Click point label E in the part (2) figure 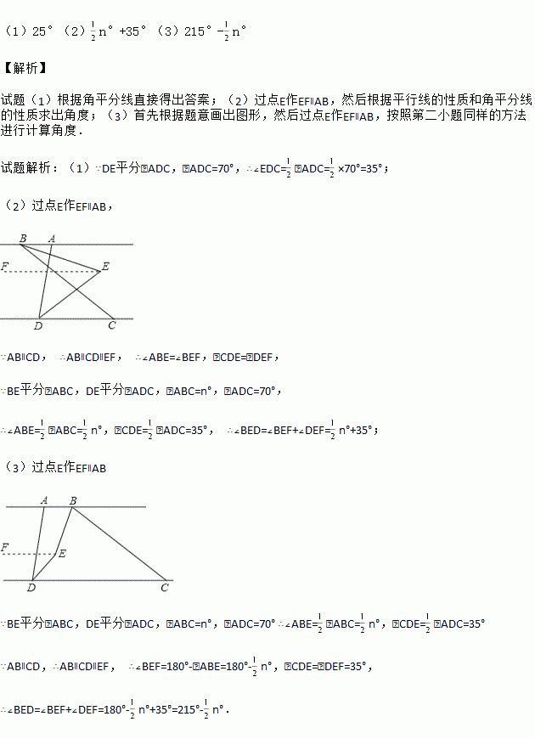105,267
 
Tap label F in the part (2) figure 5,267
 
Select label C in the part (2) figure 111,325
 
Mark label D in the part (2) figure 37,325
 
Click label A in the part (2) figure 52,239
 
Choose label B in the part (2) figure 22,239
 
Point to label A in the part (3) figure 43,500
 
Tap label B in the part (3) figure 73,500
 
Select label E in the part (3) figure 62,553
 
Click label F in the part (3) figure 5,548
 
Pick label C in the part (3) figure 165,587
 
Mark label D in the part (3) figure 31,587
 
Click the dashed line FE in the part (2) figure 51,272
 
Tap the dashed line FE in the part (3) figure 30,555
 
